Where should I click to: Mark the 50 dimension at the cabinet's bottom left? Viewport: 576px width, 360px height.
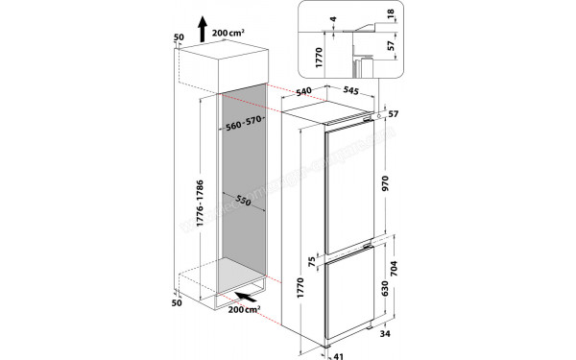pos(177,302)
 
